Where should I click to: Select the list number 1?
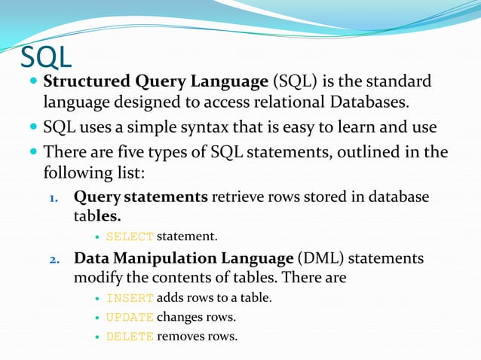54,198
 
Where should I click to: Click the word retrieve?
238,197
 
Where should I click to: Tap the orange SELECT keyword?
130,237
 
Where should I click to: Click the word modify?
95,278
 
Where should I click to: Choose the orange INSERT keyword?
130,298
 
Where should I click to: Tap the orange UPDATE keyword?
130,317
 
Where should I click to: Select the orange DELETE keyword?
130,337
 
